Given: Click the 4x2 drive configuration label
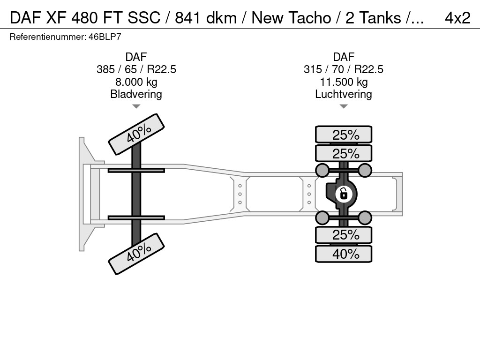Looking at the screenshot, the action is pos(457,18).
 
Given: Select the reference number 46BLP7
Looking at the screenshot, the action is pos(105,37).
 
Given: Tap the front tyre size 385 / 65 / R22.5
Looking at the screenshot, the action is pos(136,69).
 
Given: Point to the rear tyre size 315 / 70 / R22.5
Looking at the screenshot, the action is pos(344,69).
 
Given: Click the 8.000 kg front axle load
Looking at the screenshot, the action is pos(136,82).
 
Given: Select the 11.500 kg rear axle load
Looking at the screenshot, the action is pos(344,82).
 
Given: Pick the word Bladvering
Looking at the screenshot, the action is pos(136,94).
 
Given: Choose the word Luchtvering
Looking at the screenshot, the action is pos(344,94).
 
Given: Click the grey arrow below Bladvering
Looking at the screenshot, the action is pos(136,106).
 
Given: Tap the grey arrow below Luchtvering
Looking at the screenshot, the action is pos(344,106).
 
